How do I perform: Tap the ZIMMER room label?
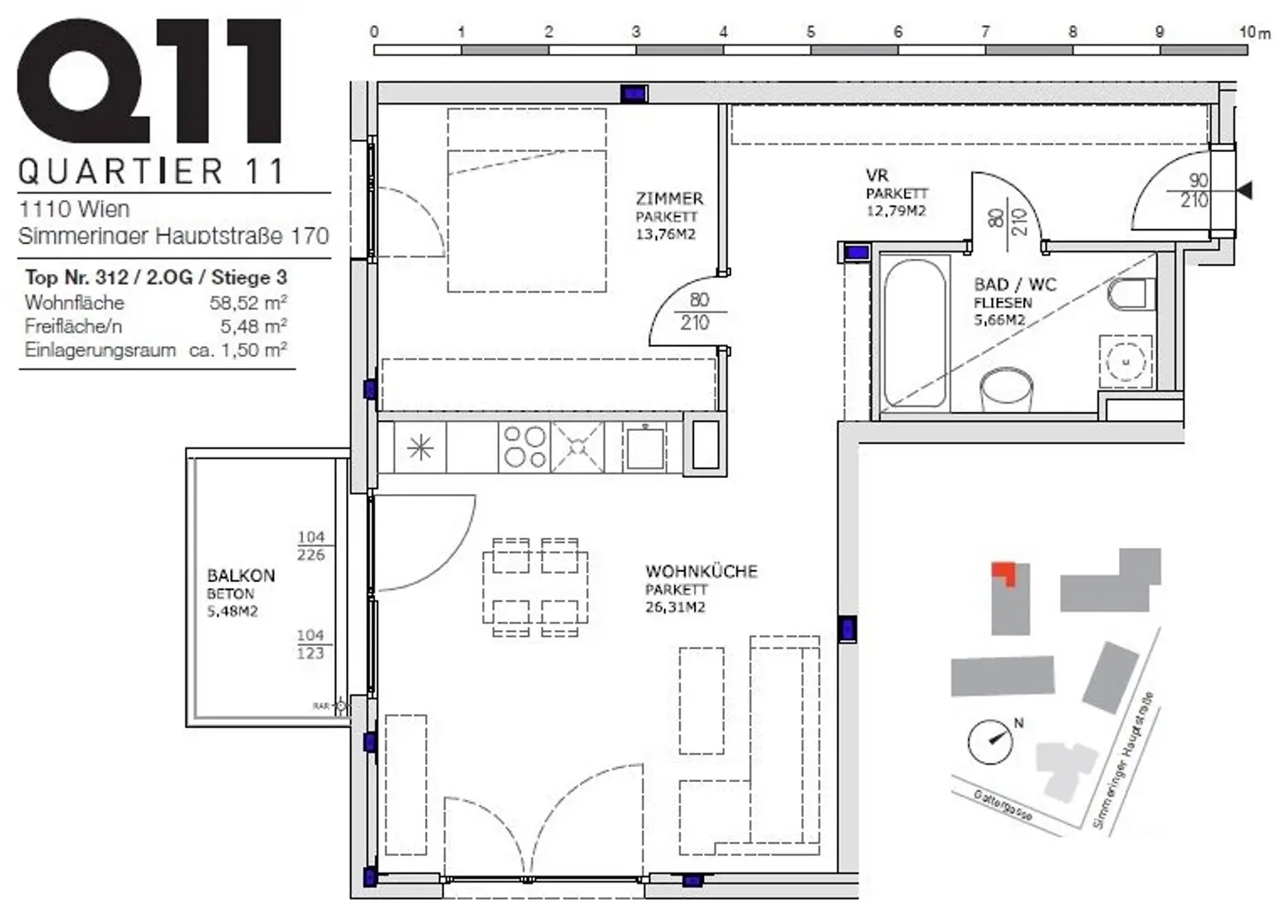tap(669, 199)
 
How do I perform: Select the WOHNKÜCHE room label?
tap(701, 572)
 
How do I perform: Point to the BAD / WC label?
tap(1014, 285)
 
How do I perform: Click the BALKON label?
tap(241, 575)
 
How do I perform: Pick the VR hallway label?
tap(877, 175)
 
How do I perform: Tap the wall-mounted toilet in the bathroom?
tap(1130, 293)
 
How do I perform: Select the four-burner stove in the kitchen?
tap(525, 447)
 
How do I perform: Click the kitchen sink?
tap(645, 447)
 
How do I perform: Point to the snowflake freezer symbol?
tap(420, 448)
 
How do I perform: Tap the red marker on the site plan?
tap(1004, 572)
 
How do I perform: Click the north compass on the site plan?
tap(990, 741)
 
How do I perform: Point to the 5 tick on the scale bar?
tap(810, 32)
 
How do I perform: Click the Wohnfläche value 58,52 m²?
tap(248, 303)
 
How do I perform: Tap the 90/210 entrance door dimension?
tap(1196, 190)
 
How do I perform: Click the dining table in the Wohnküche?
tap(535, 586)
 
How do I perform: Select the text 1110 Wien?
tap(74, 209)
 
